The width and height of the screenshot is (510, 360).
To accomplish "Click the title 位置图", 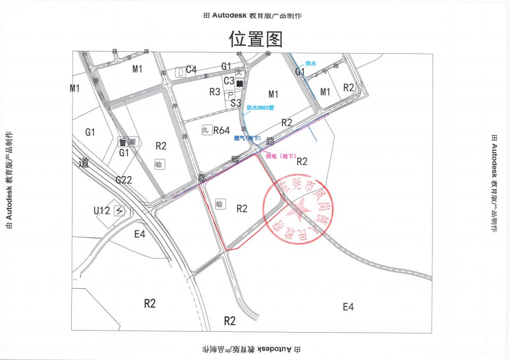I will pos(255,39).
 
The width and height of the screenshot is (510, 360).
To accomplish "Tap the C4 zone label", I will pos(191,70).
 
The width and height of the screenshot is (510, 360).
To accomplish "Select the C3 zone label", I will pos(229,81).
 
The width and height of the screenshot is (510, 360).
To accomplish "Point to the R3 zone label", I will pos(215,92).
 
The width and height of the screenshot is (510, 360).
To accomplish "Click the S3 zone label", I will pos(236,103).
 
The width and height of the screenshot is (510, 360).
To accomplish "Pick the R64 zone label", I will pos(221,130).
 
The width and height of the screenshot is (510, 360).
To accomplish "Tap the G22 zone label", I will pos(124,180).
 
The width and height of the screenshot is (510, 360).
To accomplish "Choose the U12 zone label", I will pos(102,210).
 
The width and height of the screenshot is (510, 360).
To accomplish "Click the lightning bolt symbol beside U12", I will pos(119,211).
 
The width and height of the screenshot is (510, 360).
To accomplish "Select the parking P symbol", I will pos(230,95).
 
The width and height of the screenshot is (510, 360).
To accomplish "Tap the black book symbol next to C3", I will pos(239,84).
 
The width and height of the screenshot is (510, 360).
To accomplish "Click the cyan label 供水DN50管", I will pos(260,108).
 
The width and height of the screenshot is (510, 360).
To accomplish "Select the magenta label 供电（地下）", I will pos(280,156).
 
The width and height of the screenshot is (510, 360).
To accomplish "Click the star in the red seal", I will pos(298,209).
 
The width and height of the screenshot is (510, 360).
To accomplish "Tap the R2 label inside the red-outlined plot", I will pos(242,209).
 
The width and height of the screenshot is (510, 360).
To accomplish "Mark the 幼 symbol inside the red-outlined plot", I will pos(219,204).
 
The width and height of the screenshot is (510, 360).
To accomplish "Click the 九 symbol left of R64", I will pos(206,130).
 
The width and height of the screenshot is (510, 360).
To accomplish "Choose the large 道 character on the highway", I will pos(84,163).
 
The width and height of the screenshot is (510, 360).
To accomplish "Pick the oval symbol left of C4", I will pos(179,72).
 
